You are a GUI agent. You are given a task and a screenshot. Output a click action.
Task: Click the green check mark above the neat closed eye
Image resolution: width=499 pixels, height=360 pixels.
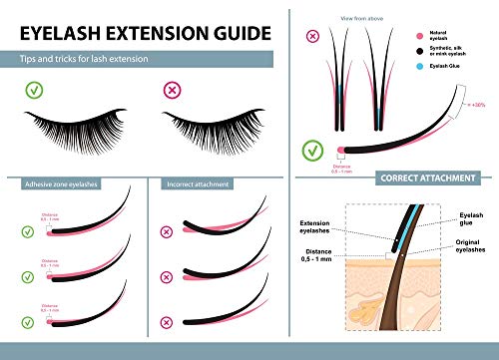[36, 93]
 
